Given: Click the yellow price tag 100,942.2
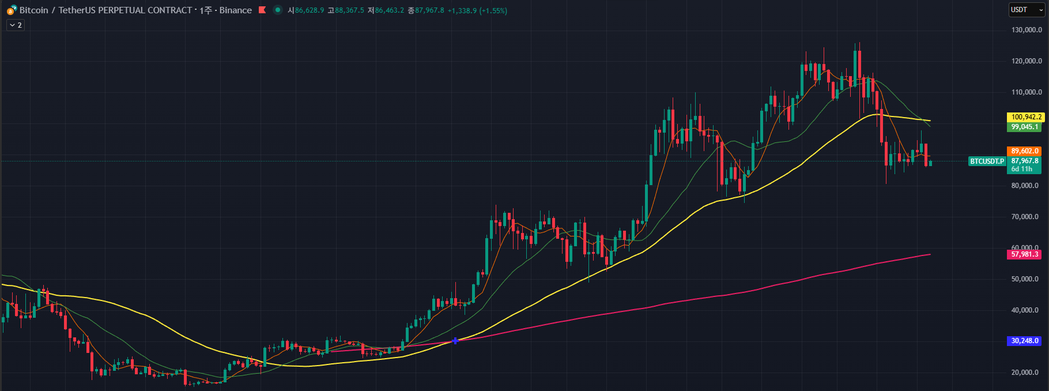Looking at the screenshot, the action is coord(1026,117).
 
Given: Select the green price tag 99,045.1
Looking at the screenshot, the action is coord(1024,127).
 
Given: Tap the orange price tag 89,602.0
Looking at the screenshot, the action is coord(1024,151).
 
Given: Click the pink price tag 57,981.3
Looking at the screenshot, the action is coord(1024,254).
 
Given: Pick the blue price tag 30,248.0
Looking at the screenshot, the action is coord(1024,341).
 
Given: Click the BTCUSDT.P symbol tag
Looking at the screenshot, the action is coord(987,161).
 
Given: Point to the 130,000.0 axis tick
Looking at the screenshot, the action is coord(1027,30).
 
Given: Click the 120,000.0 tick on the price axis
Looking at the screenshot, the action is coord(1027,61).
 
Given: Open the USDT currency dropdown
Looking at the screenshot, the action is coord(1027,10).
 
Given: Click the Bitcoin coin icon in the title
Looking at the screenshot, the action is coord(12,10).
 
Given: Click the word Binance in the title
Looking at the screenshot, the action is coord(235,10).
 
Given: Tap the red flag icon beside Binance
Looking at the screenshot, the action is coord(262,10).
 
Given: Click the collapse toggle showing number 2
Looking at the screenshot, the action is coord(16,25).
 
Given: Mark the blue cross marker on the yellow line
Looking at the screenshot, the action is coord(455,341).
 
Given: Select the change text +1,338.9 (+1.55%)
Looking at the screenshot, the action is coord(477,10).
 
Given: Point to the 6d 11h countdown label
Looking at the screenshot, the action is coord(1022,170).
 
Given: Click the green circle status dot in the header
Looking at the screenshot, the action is coord(278,10).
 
